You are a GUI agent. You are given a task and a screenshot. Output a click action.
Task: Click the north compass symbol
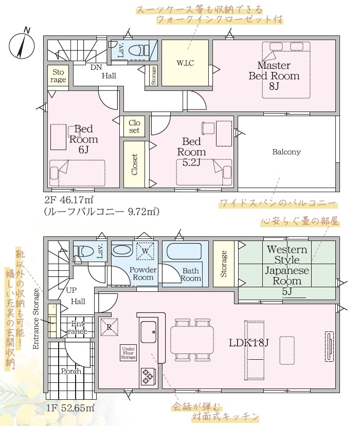tap(22, 45)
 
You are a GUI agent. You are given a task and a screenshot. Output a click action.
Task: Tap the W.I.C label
tap(185, 63)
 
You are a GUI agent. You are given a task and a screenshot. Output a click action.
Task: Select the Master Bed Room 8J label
tap(274, 76)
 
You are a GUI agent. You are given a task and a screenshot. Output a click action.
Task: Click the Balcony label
tap(286, 152)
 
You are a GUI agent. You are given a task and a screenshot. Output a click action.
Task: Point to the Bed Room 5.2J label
tap(191, 152)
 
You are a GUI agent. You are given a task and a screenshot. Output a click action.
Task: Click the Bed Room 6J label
tap(83, 139)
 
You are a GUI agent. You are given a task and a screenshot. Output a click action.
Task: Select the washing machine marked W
tap(145, 251)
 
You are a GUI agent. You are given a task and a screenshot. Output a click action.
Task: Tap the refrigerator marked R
tap(110, 327)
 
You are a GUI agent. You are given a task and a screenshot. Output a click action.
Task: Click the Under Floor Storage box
tap(128, 353)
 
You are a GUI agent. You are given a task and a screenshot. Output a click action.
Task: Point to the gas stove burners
tap(148, 376)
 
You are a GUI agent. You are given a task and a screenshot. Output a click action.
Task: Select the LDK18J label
tap(248, 343)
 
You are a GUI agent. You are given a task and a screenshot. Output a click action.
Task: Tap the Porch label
tap(71, 371)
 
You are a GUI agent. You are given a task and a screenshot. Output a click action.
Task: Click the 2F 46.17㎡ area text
tap(69, 200)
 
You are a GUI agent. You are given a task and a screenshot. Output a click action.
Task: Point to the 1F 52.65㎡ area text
tap(70, 408)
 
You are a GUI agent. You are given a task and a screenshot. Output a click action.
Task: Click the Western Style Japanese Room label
tap(287, 270)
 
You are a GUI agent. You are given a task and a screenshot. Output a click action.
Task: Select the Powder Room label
tap(143, 273)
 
